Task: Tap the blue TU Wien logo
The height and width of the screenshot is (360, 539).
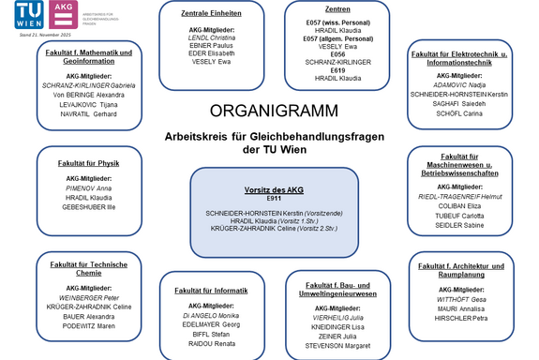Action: [x=26, y=15]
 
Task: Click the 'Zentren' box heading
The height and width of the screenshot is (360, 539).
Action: [x=337, y=9]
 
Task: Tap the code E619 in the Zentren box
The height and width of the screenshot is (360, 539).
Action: [x=337, y=70]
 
